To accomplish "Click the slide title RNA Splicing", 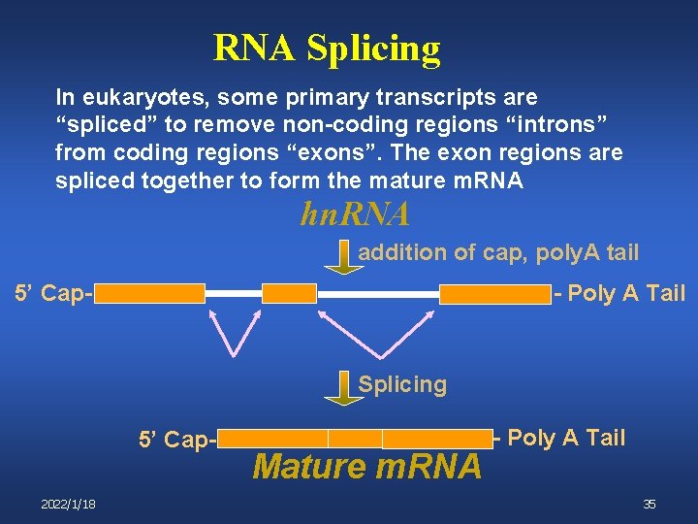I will (x=327, y=47).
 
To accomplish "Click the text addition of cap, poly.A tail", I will (x=498, y=253).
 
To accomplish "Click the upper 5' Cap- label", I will (x=52, y=293).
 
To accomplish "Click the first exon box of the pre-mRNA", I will (x=150, y=293).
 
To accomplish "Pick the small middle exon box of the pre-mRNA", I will (x=290, y=293).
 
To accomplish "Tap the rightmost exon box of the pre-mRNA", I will (x=495, y=293).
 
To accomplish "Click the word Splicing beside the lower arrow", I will (x=402, y=384).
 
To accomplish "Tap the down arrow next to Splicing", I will (x=339, y=386).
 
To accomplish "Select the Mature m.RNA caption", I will (x=366, y=468).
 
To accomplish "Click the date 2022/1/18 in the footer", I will (x=68, y=504).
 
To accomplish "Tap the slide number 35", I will (x=650, y=504).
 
